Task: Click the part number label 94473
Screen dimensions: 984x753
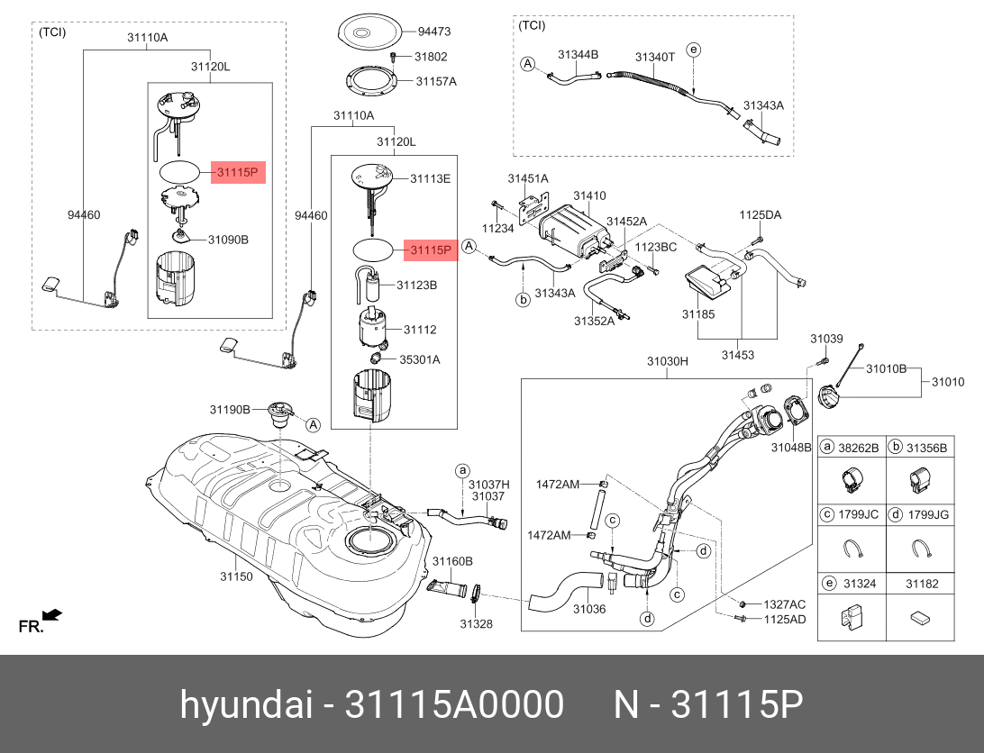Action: (434, 32)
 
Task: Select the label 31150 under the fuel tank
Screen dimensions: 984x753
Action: (236, 576)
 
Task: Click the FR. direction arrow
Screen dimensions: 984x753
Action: (52, 614)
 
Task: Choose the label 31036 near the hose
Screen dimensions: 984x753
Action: (589, 608)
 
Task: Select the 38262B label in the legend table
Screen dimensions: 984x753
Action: (859, 448)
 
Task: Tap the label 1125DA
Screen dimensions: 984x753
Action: (760, 214)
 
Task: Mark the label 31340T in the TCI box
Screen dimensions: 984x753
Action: (654, 57)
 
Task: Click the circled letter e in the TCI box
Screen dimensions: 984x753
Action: (693, 50)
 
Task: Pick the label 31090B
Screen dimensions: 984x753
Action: (229, 239)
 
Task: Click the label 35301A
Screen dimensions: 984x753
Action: (420, 359)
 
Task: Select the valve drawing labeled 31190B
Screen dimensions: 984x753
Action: (280, 414)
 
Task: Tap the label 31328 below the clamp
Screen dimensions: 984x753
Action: (477, 623)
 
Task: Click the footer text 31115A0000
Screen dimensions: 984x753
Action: (454, 704)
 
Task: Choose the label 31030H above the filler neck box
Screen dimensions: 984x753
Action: (668, 361)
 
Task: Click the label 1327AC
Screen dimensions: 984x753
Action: (785, 604)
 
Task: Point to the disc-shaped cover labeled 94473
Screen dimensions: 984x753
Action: (369, 32)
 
